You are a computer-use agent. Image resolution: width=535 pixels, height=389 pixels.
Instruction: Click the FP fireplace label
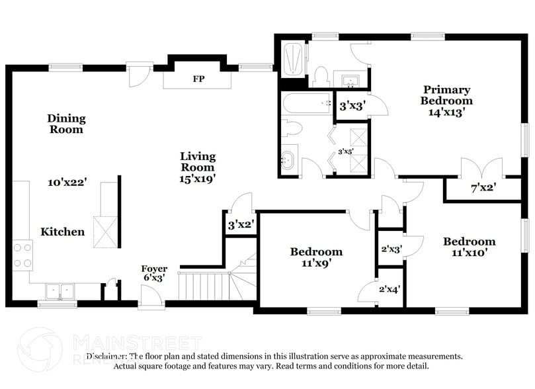(198, 79)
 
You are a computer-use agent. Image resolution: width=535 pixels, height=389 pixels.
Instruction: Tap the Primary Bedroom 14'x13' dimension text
(447, 112)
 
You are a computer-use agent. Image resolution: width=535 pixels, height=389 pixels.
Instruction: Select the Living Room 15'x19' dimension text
(198, 179)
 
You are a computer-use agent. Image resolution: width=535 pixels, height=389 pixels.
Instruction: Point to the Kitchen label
(63, 232)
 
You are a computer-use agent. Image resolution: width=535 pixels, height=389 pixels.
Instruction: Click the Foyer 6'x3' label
(154, 274)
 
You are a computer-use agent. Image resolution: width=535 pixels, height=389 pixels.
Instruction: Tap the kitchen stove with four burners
(22, 255)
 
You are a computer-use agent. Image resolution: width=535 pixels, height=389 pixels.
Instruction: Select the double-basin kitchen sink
(60, 290)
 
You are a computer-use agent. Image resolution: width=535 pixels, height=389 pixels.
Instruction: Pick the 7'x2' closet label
(483, 187)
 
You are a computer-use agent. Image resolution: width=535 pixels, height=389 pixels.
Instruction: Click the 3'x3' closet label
(352, 105)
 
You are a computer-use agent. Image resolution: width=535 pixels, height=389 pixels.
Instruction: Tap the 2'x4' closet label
(389, 288)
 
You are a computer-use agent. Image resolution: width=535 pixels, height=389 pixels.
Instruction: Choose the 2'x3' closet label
(390, 249)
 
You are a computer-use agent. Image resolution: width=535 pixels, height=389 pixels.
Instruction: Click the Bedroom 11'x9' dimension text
(316, 263)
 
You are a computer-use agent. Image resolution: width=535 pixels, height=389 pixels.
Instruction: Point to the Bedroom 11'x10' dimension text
(469, 253)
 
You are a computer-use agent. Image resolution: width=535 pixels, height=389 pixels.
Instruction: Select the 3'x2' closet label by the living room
(239, 224)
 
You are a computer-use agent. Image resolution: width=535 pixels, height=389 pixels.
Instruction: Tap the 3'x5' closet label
(345, 151)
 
